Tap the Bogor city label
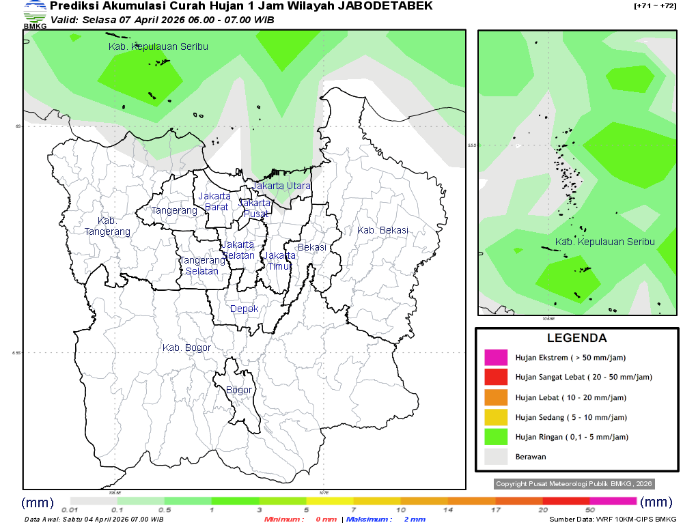click(x=238, y=391)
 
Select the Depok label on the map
click(x=244, y=309)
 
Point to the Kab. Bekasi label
click(x=382, y=230)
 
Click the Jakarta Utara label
click(x=281, y=186)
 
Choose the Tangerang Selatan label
click(x=202, y=266)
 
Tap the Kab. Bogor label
click(x=186, y=348)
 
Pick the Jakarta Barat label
click(x=214, y=201)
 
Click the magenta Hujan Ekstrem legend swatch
click(x=496, y=357)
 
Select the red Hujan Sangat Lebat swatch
click(x=496, y=377)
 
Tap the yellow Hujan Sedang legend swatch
click(x=496, y=416)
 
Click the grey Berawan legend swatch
click(x=496, y=456)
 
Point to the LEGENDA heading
click(x=576, y=338)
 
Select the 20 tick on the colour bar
click(x=542, y=510)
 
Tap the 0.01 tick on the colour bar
click(x=69, y=510)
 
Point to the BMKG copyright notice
click(x=574, y=483)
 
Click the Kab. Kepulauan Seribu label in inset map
click(x=604, y=242)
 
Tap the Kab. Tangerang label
click(x=107, y=227)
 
